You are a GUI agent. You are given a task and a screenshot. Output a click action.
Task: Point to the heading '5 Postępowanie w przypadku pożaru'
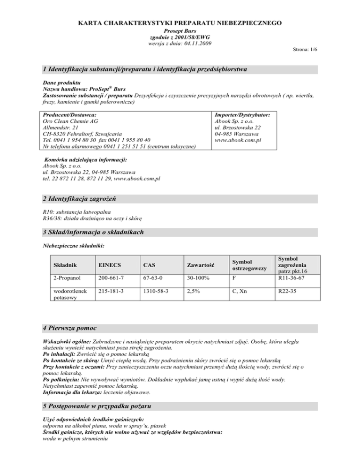tap(97, 404)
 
